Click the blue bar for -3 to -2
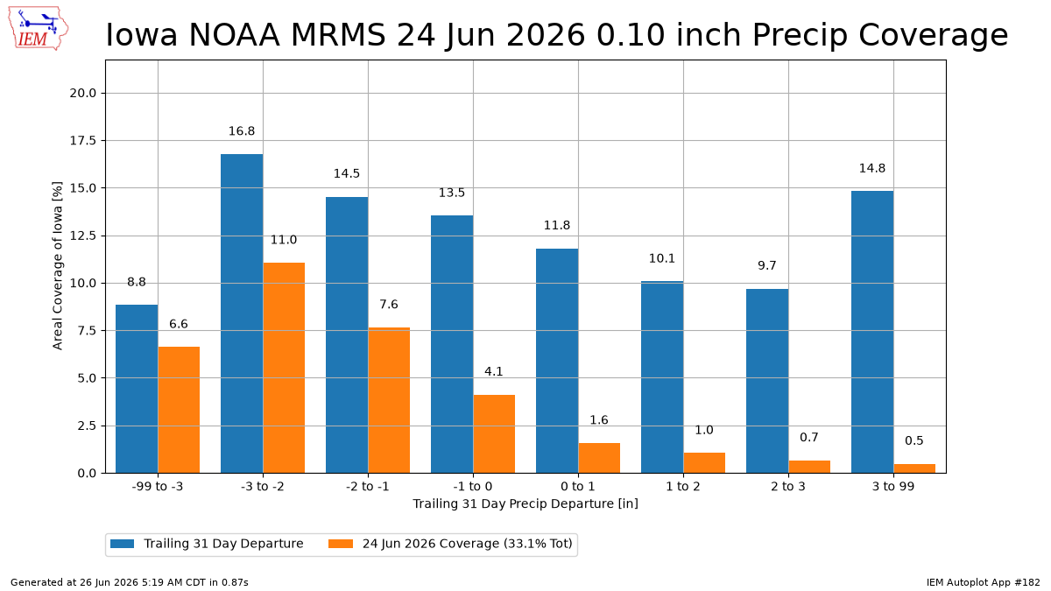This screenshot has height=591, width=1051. pos(242,313)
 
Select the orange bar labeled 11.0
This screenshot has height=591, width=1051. pos(284,368)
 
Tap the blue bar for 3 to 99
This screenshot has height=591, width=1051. pos(872,332)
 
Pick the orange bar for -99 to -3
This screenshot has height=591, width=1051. pos(179,410)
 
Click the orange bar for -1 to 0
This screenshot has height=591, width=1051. pos(494,434)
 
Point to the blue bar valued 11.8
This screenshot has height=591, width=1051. pos(557,361)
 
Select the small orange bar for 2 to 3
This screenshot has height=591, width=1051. pos(809,467)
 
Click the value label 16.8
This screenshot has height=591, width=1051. pos(242,130)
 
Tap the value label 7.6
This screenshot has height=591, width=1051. pos(389,305)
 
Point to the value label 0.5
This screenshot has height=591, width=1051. pos(914,440)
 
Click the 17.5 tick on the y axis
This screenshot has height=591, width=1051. pos(82,141)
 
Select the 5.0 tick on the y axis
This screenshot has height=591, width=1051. pos(87,378)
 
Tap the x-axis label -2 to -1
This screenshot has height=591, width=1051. pos(368,487)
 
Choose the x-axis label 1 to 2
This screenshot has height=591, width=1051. pos(683,487)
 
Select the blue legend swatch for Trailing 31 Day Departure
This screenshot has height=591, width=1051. pos(122,544)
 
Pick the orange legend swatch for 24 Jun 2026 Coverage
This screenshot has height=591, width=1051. pos(341,544)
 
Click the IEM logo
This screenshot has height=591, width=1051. pos(38,28)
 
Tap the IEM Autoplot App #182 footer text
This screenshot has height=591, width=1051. pos(983,582)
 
